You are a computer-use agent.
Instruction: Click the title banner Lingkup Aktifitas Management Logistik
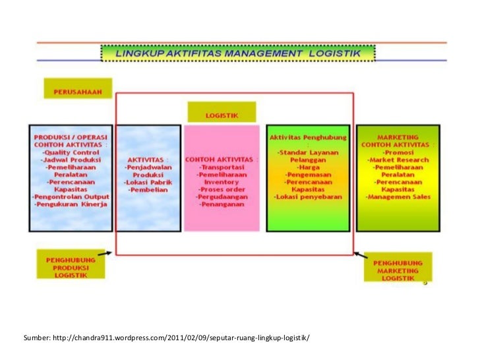tap(238, 51)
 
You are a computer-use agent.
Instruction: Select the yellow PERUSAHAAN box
tap(78, 90)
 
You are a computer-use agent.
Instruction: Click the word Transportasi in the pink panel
tap(222, 168)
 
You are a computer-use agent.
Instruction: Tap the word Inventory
tap(222, 182)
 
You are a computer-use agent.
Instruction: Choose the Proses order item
tap(222, 189)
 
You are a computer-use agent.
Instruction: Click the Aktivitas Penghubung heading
tap(305, 137)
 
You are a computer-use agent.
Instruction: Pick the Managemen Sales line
tap(400, 196)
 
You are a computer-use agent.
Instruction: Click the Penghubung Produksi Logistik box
tap(70, 268)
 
